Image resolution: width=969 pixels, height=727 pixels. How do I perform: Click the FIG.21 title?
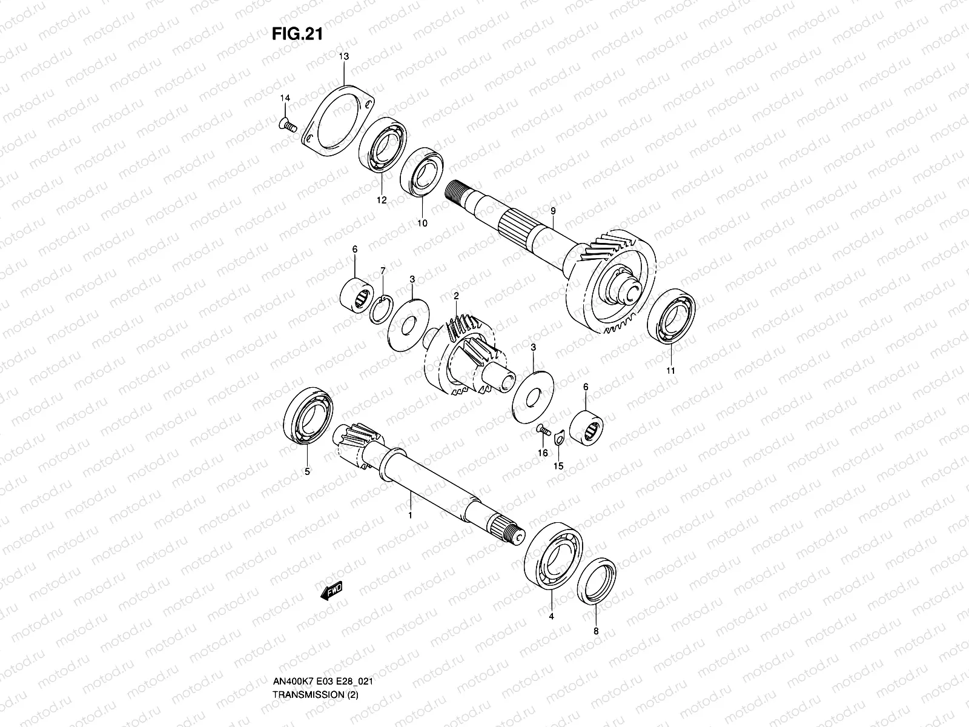[x=296, y=34]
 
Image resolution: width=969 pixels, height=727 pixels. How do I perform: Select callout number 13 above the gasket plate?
[x=343, y=56]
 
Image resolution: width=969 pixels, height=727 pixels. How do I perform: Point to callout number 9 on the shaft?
[x=552, y=210]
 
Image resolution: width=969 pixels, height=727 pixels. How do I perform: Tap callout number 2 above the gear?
[x=456, y=296]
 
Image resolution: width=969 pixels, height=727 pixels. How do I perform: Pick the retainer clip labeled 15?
[x=559, y=434]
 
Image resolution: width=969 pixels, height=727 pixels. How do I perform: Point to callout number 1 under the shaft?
[x=409, y=516]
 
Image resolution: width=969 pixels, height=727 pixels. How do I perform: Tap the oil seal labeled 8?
[x=597, y=580]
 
